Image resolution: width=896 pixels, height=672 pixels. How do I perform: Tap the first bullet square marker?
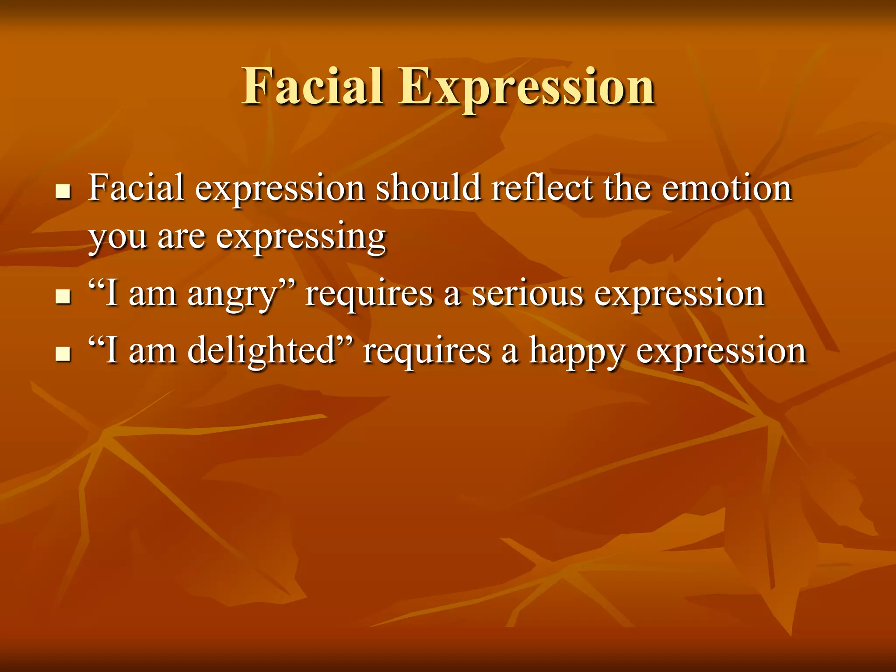coord(63,192)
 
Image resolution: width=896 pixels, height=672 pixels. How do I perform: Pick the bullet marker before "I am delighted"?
coord(63,353)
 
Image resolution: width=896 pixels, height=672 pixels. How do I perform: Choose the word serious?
coord(527,294)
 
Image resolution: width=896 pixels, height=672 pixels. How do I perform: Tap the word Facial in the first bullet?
coord(136,188)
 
